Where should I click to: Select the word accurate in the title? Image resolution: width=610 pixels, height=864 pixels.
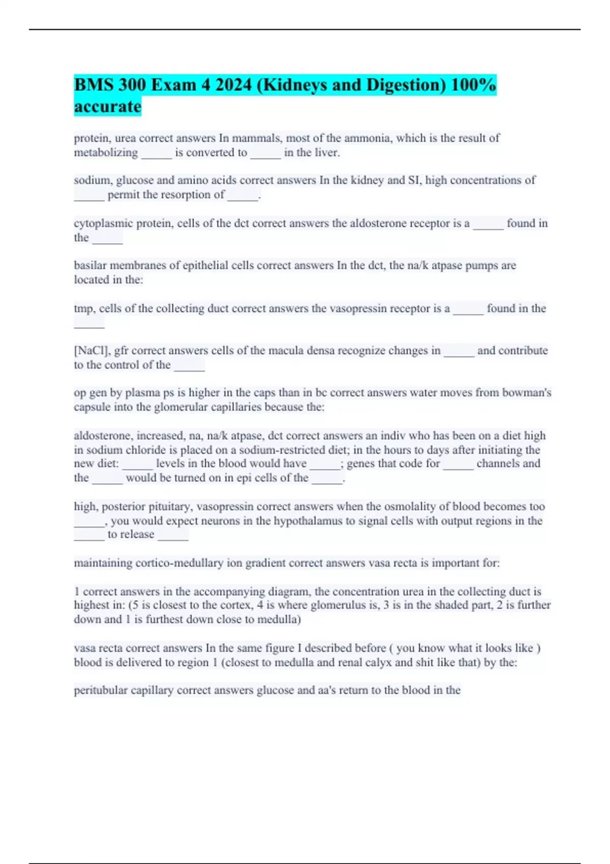coord(107,107)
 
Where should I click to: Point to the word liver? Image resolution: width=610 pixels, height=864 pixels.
coord(326,152)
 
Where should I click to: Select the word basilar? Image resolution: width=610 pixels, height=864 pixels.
coord(89,265)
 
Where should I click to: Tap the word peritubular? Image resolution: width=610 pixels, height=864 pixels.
coord(101,690)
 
